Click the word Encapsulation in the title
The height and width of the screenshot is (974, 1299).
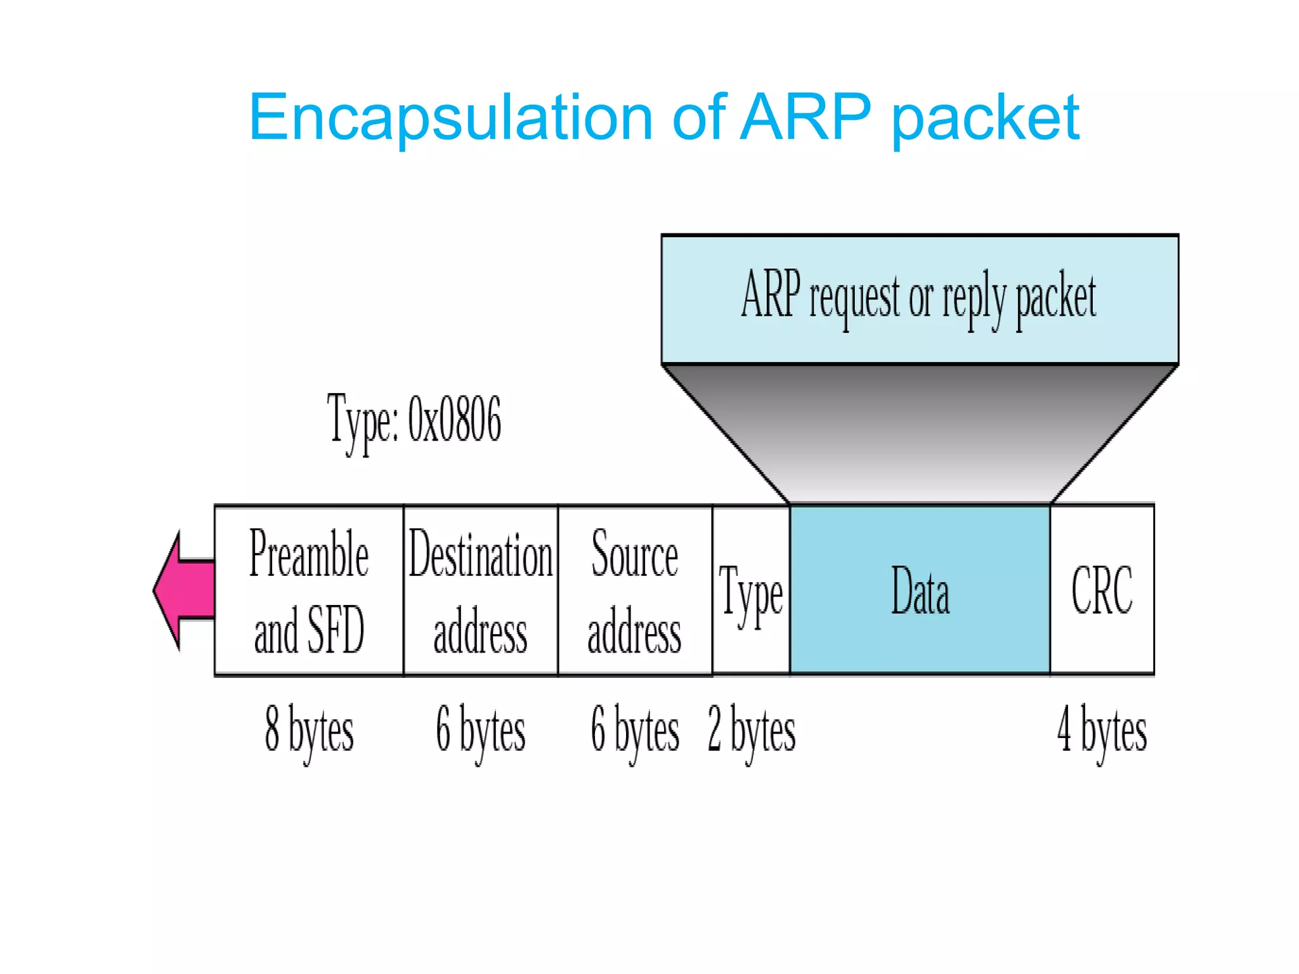coord(450,118)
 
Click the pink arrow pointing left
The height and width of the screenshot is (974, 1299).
coord(184,590)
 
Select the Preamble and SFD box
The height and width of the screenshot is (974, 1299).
coord(309,590)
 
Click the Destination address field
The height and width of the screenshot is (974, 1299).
coord(480,590)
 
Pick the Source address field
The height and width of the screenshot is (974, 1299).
coord(634,590)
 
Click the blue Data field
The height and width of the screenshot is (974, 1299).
coord(920,590)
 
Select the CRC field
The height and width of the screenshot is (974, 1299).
coord(1102,590)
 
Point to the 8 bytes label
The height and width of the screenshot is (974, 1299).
coord(309,730)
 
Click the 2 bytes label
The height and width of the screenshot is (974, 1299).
coord(751,730)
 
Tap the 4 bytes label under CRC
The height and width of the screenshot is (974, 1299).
coord(1102,730)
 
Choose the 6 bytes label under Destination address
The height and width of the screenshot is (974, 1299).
coord(480,730)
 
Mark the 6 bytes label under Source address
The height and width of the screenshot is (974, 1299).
coord(634,730)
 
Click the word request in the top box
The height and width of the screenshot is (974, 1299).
coord(854,298)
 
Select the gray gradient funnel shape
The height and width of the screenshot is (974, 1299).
coord(920,431)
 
